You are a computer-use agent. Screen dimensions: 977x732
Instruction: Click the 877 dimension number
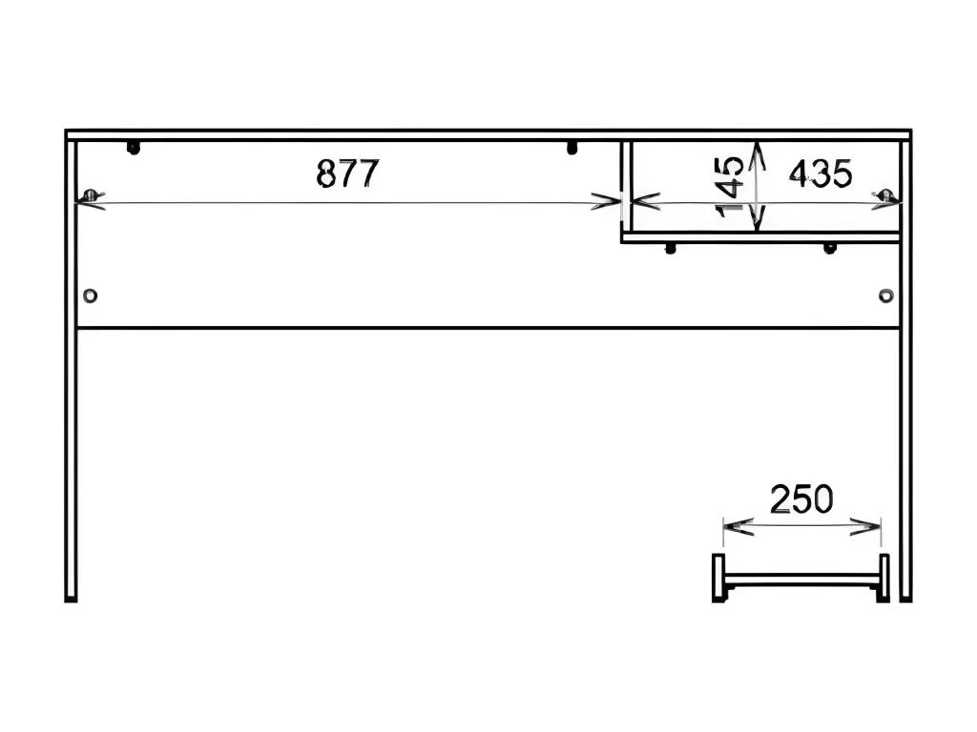(x=347, y=173)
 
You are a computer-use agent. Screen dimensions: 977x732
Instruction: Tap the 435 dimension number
(x=820, y=173)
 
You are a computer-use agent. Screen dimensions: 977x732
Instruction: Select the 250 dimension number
(x=801, y=499)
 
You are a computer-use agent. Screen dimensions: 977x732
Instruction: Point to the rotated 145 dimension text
(x=730, y=186)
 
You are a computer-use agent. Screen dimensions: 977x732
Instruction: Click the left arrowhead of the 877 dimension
(x=91, y=201)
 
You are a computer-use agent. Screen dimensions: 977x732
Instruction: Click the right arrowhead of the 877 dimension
(x=606, y=202)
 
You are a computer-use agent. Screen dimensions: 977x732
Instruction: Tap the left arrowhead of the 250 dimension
(x=738, y=526)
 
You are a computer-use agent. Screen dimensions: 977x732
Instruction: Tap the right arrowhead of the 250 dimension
(x=866, y=526)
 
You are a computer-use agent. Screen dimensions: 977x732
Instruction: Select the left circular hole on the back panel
(x=91, y=295)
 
